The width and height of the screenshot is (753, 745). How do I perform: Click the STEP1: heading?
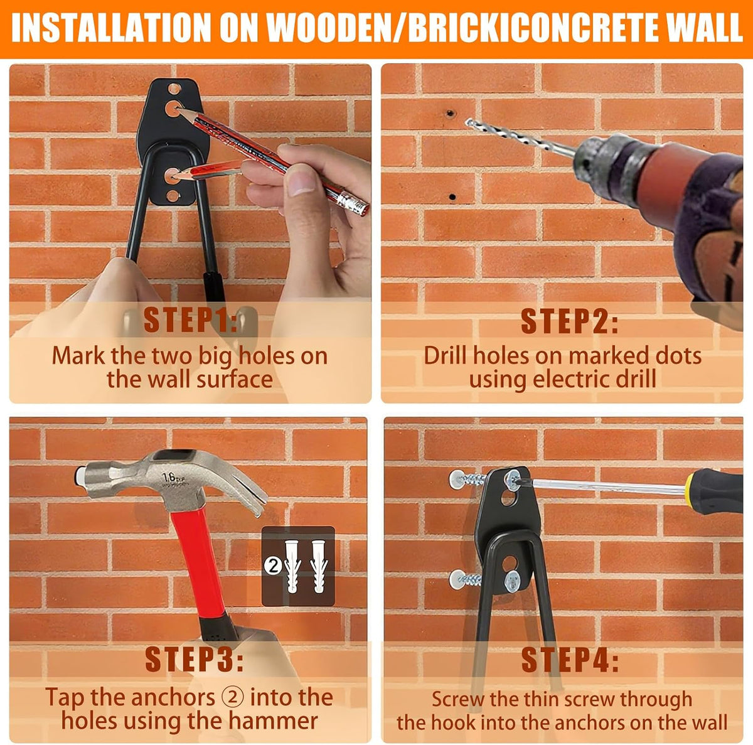point(190,321)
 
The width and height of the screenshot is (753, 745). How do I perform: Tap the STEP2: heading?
point(570,321)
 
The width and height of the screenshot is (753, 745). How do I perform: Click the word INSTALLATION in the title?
point(111,28)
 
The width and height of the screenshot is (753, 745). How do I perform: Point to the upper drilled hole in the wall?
point(451,114)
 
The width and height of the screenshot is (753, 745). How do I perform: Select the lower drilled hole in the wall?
point(452,196)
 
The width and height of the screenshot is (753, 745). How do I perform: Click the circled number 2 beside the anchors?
point(273,565)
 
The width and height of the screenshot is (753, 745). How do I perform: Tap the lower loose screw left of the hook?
point(465,579)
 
